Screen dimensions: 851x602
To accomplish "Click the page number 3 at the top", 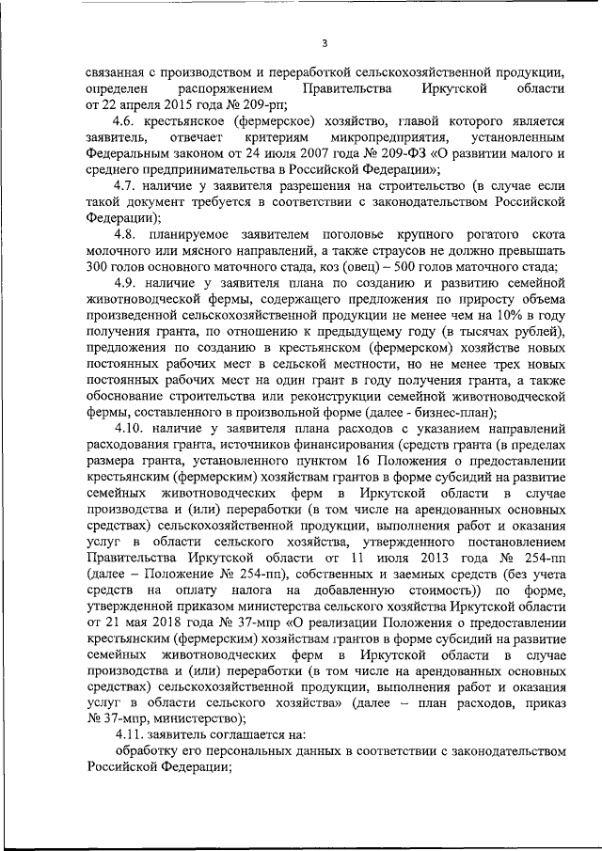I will click(324, 41).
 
